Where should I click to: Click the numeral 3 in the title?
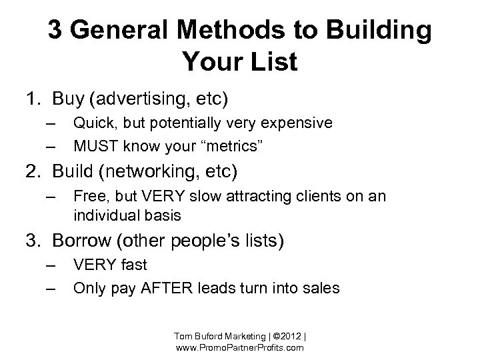(x=55, y=32)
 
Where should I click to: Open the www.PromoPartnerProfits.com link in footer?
(x=240, y=348)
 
